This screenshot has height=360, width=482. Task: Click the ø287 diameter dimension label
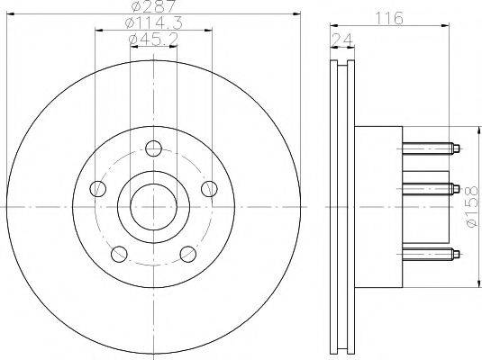153,5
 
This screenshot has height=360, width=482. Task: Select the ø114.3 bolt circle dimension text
154,23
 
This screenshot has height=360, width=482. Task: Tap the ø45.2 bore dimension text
153,40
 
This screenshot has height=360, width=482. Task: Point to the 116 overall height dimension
389,18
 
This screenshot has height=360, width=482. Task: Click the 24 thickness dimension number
342,40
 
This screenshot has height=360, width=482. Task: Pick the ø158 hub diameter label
473,207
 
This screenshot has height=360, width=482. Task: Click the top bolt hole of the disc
153,148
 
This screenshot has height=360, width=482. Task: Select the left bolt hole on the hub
98,189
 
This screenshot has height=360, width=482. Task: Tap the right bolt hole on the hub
209,189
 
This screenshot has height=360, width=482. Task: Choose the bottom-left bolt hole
119,254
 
